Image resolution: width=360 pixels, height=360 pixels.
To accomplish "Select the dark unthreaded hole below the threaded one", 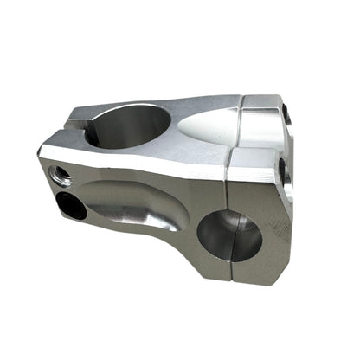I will click(x=73, y=205).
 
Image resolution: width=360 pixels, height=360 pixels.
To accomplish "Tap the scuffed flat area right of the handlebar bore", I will click(x=275, y=234).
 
